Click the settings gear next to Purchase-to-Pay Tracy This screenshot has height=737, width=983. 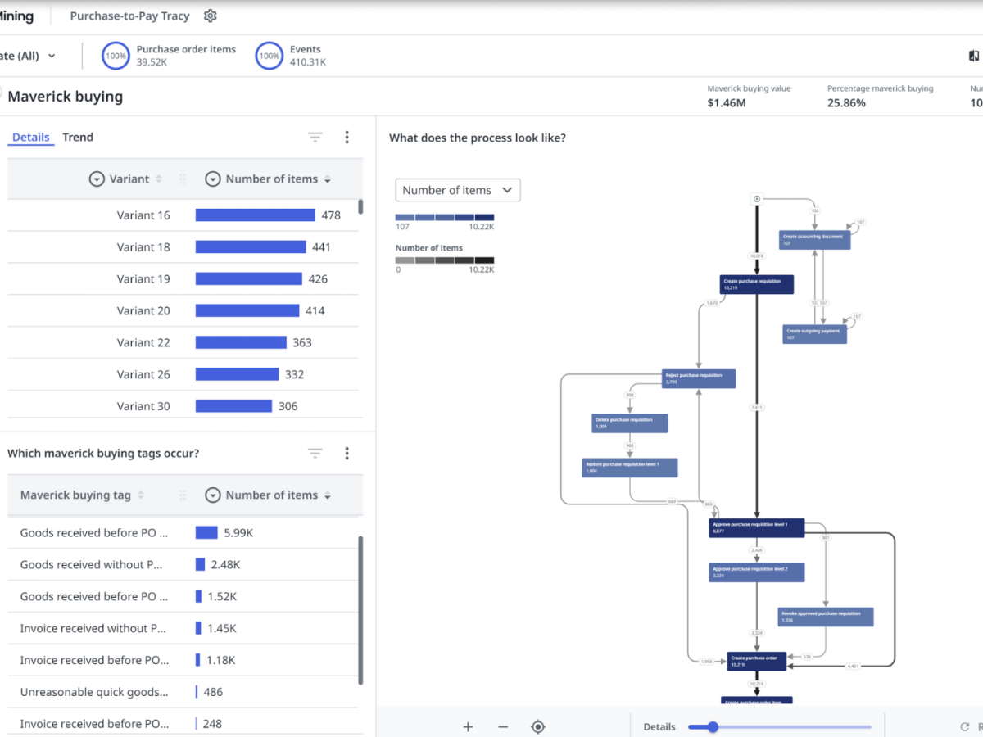[211, 16]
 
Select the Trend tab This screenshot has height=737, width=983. [78, 137]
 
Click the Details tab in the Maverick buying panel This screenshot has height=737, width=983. [31, 137]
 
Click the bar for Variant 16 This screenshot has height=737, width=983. [255, 215]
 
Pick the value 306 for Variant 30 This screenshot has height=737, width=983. [288, 406]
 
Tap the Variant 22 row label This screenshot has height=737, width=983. [143, 342]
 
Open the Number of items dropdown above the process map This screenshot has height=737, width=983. [458, 190]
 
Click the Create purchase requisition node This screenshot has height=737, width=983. [757, 284]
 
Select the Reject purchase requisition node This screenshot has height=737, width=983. [699, 378]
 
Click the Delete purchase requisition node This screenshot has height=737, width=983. [630, 423]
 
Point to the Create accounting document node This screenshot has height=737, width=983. [814, 239]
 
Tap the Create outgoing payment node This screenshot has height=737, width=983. [814, 334]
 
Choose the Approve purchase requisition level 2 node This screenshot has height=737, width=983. [756, 572]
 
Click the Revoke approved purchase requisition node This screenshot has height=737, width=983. [825, 617]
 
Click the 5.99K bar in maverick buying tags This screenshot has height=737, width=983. [206, 533]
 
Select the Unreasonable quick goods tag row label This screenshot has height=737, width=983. [94, 692]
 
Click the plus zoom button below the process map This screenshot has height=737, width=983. [468, 726]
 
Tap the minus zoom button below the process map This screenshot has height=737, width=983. [503, 726]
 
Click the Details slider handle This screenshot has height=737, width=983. [713, 726]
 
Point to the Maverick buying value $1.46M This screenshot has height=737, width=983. [727, 103]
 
